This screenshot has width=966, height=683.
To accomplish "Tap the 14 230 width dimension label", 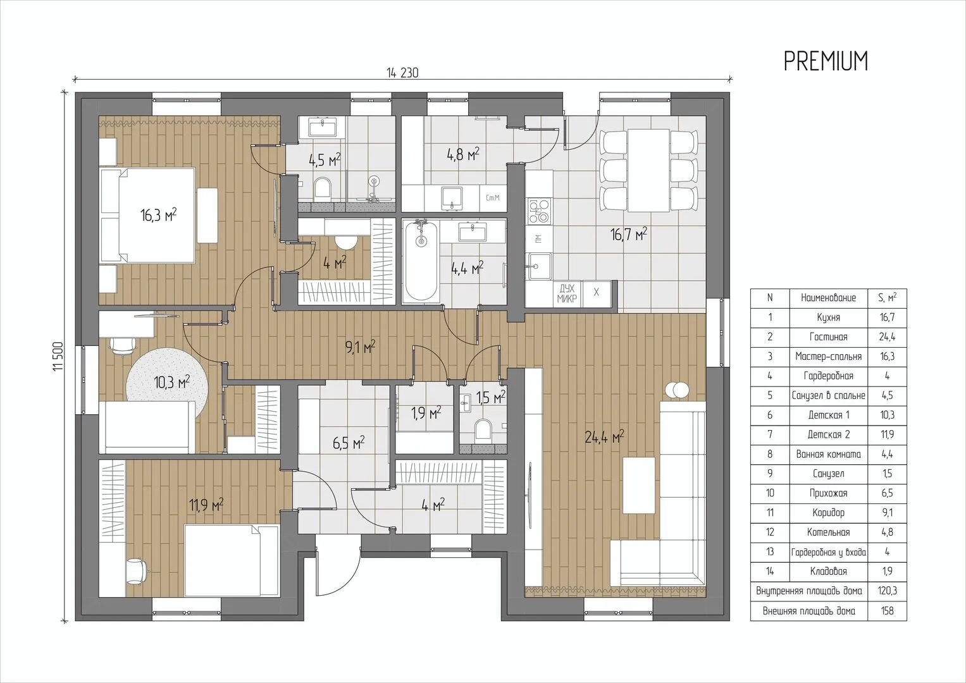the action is click(402, 73).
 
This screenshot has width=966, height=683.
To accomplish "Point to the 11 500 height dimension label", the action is click(59, 357).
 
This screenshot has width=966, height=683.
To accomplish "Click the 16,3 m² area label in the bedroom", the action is click(159, 215).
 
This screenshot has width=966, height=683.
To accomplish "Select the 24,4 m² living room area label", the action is click(604, 437).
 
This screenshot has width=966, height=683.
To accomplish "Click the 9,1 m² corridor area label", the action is click(360, 347).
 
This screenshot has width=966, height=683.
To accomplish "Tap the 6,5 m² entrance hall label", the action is click(349, 443).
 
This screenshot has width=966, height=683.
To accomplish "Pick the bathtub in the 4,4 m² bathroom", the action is click(421, 261).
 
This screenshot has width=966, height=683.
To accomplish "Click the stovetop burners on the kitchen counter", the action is click(539, 211).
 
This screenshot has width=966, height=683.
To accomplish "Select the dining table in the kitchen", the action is click(648, 170).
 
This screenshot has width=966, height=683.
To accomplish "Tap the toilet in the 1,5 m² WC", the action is click(483, 429).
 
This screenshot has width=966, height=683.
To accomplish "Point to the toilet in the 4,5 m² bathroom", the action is click(322, 187).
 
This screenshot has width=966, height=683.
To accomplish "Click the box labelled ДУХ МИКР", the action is click(567, 293).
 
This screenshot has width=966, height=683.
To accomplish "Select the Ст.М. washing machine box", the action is click(493, 199).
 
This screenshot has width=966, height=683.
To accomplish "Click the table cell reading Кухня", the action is click(829, 317).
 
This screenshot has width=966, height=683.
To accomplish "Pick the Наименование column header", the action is click(829, 298).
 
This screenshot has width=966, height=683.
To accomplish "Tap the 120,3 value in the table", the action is click(887, 591).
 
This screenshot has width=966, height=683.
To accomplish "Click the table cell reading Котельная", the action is click(829, 532).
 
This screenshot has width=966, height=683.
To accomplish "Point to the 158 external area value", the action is click(887, 611).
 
